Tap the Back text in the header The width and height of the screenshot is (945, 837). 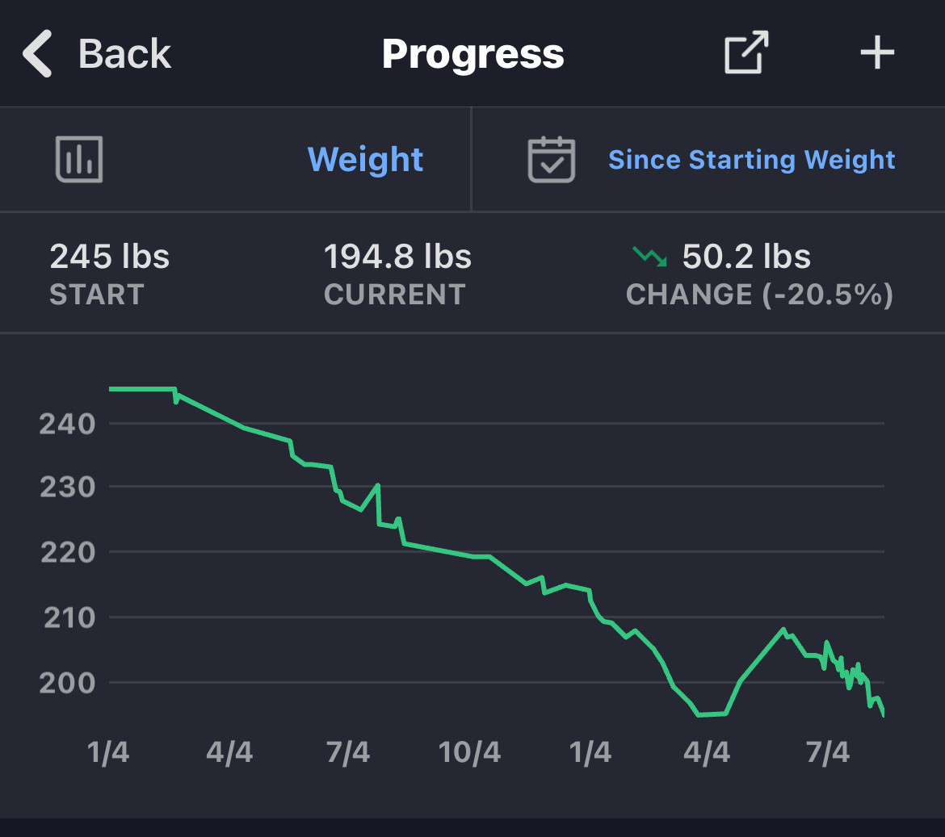pyautogui.click(x=124, y=54)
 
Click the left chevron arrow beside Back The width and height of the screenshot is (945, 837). pyautogui.click(x=38, y=54)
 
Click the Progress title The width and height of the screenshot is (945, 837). pyautogui.click(x=472, y=54)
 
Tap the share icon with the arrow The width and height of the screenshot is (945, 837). pyautogui.click(x=745, y=53)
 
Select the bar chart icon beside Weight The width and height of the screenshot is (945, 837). pyautogui.click(x=79, y=159)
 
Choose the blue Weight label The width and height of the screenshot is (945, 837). pyautogui.click(x=365, y=159)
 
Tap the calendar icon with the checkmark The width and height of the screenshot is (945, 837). pyautogui.click(x=551, y=159)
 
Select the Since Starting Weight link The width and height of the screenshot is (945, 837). pyautogui.click(x=751, y=160)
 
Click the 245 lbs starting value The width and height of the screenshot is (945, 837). pyautogui.click(x=110, y=257)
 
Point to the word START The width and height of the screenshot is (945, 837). pyautogui.click(x=97, y=295)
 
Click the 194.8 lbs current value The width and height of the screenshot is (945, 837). pyautogui.click(x=397, y=257)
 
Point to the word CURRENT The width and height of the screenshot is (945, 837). pyautogui.click(x=395, y=295)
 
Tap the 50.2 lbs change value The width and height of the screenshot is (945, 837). pyautogui.click(x=746, y=257)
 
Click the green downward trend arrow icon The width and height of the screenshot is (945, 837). pyautogui.click(x=649, y=257)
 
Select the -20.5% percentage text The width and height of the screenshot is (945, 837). pyautogui.click(x=829, y=295)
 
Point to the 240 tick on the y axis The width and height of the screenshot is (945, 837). pyautogui.click(x=67, y=424)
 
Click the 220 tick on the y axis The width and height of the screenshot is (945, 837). pyautogui.click(x=67, y=553)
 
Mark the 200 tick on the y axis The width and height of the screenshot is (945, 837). pyautogui.click(x=67, y=683)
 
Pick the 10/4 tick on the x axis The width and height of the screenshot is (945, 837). pyautogui.click(x=469, y=753)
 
